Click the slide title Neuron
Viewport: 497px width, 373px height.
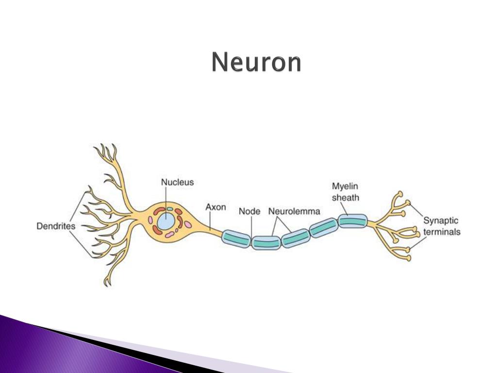[x=256, y=63]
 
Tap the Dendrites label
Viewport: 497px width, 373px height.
[x=56, y=226]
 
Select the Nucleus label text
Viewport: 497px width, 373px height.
[x=177, y=183]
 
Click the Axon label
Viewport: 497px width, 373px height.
[x=215, y=207]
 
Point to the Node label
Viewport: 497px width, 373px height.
[x=249, y=212]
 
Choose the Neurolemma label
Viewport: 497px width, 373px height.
[x=294, y=212]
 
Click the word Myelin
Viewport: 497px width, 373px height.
[x=345, y=186]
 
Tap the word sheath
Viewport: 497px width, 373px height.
[x=345, y=197]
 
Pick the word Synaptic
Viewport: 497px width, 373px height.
[x=441, y=221]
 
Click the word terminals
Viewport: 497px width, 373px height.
[x=442, y=232]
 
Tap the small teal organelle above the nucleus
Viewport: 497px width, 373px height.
[x=170, y=209]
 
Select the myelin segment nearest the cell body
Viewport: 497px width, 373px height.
[x=236, y=237]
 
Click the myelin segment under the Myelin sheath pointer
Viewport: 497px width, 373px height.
[x=353, y=221]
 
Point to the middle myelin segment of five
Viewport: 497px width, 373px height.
[x=295, y=238]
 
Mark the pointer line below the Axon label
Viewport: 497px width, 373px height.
[x=210, y=221]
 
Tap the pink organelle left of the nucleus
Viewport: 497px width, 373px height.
[x=150, y=220]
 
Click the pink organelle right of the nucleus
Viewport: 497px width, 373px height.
[x=187, y=225]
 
